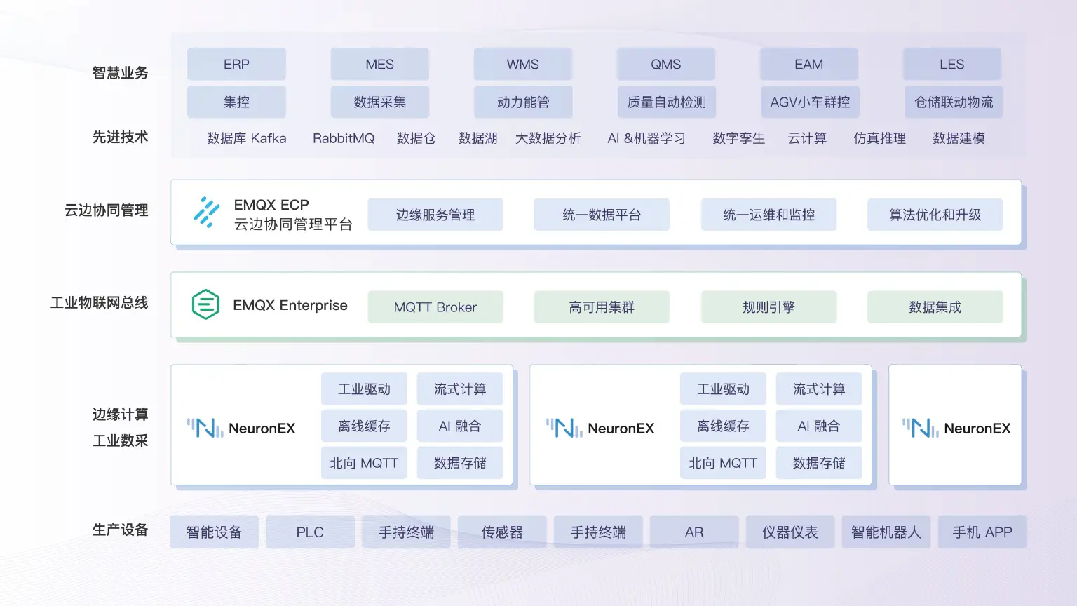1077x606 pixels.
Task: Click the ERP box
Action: tap(236, 65)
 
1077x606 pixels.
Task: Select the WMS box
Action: tap(523, 65)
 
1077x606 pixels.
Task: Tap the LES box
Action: tap(951, 65)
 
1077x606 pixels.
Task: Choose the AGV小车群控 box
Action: tap(810, 102)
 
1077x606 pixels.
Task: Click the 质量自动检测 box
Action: tap(666, 102)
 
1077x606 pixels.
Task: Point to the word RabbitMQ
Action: tap(344, 138)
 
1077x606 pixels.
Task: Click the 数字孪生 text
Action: tap(738, 138)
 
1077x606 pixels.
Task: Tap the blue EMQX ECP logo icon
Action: tap(206, 212)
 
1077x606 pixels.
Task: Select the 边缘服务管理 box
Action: tap(435, 215)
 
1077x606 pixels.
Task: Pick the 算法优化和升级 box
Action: tap(935, 215)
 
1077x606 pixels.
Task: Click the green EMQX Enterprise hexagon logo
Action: tap(205, 304)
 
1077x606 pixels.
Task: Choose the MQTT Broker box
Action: tap(435, 307)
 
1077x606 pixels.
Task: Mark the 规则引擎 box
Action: tap(768, 307)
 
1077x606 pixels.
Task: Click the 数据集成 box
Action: tap(935, 307)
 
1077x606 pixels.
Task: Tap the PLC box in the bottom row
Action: tap(310, 532)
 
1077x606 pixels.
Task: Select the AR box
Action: tap(694, 532)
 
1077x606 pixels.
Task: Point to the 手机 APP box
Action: tap(982, 532)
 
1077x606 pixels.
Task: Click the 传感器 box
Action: tap(502, 532)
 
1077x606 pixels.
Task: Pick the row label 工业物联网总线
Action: tap(100, 303)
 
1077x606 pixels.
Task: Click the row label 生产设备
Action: tap(120, 530)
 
